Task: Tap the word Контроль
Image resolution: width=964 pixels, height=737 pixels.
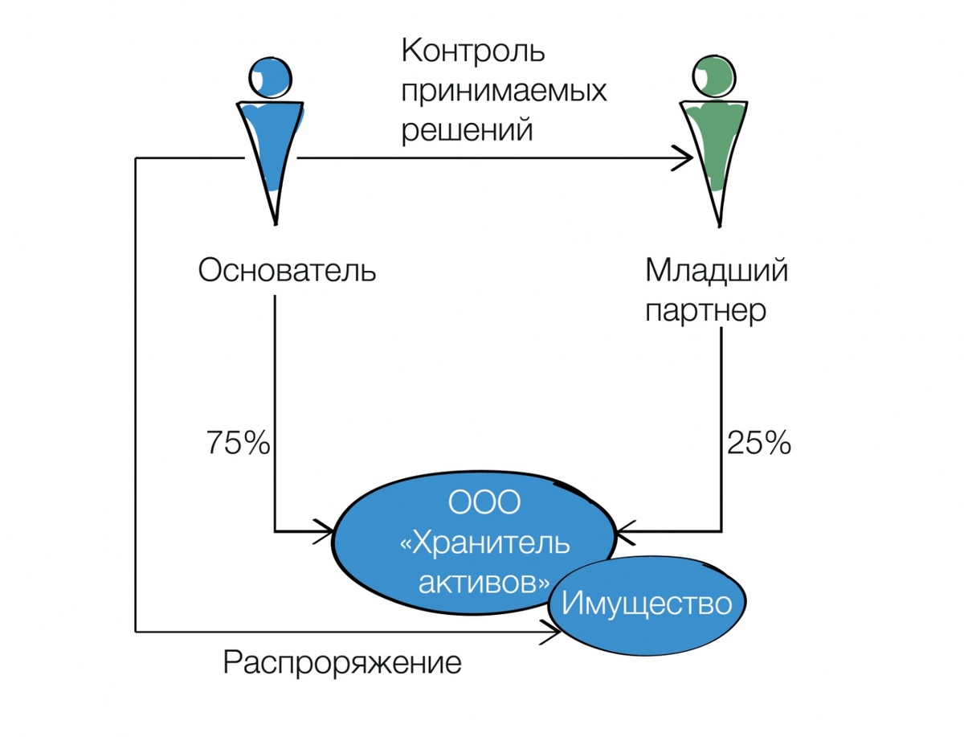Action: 473,53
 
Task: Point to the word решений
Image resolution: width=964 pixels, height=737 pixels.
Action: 467,129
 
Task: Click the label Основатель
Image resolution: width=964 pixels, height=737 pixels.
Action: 287,271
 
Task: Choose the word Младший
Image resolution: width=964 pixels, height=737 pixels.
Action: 717,271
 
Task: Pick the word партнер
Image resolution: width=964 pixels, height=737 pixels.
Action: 706,310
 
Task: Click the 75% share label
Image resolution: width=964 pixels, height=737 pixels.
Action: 238,444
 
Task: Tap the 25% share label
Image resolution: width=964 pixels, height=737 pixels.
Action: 759,444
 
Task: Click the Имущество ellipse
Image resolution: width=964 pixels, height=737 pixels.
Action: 647,603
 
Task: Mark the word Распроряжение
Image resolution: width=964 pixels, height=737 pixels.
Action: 342,664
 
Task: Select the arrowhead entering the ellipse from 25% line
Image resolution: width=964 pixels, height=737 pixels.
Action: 623,531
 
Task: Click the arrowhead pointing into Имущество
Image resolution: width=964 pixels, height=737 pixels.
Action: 553,632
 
